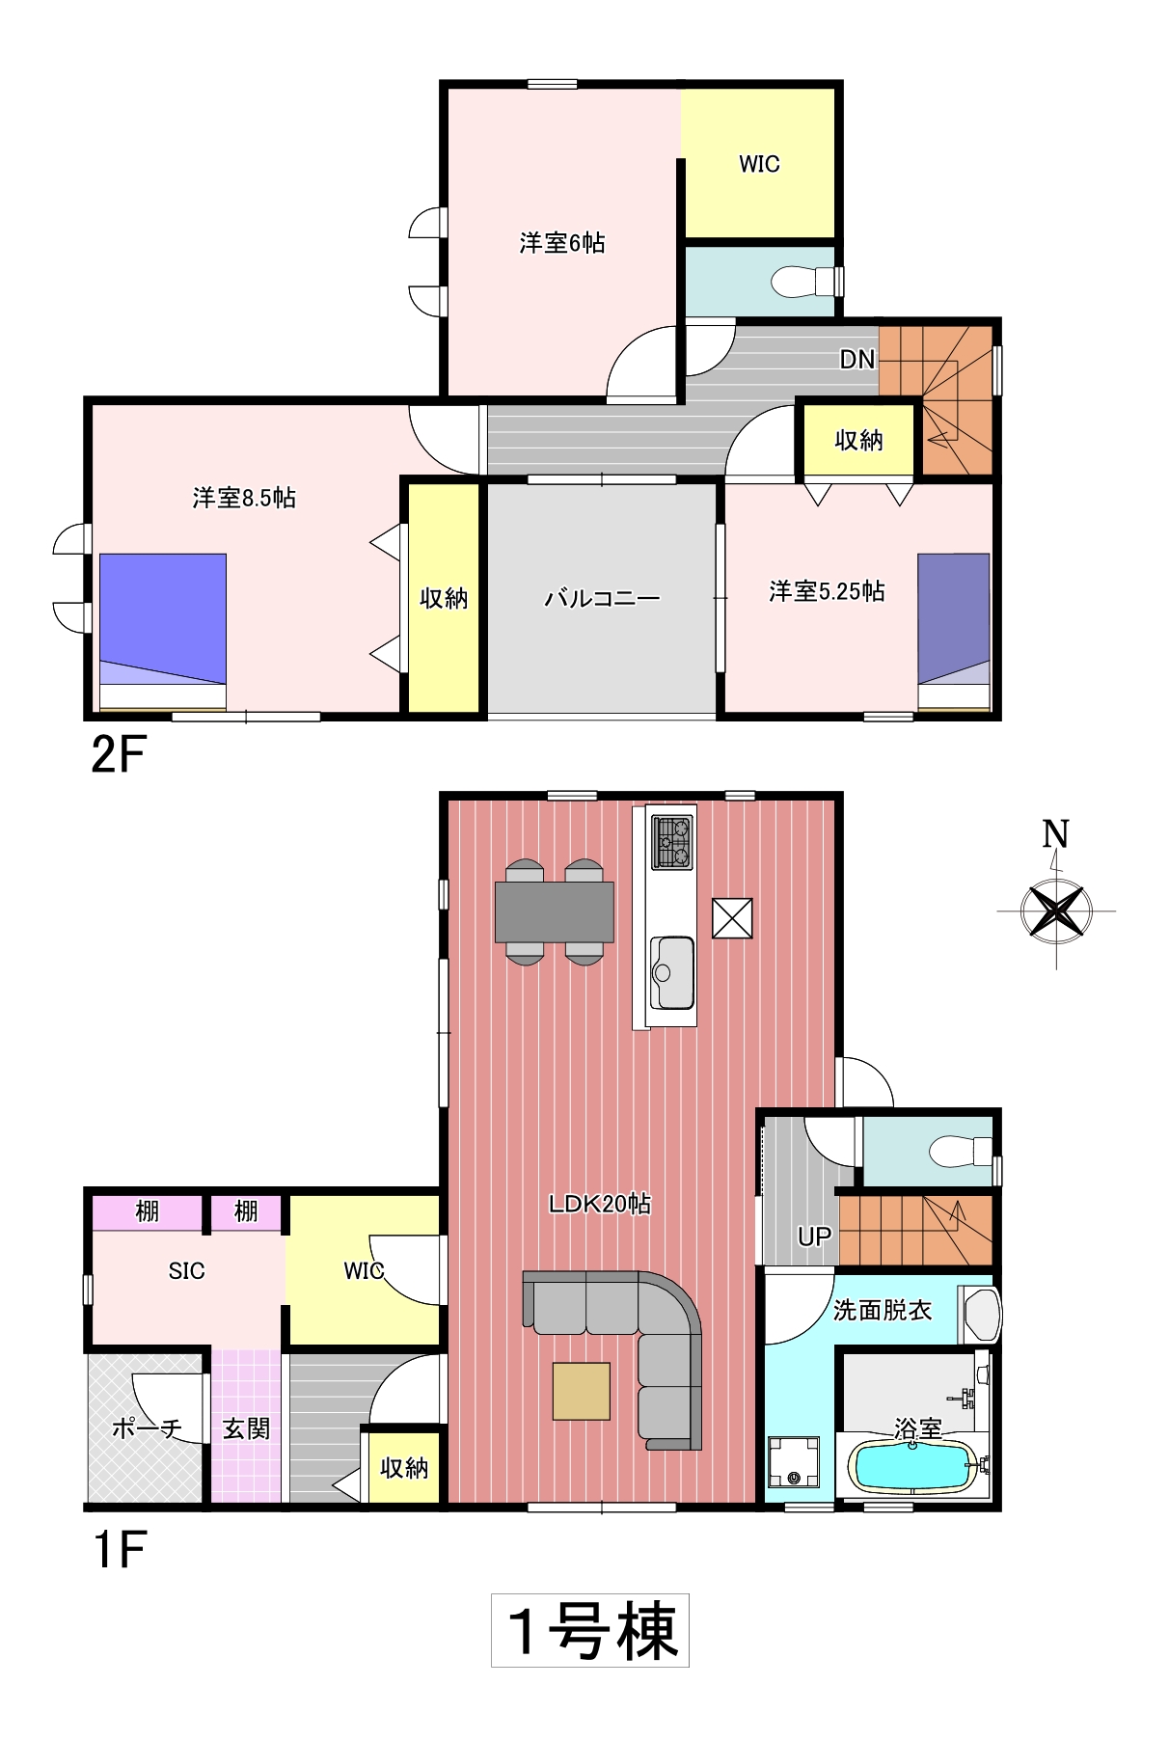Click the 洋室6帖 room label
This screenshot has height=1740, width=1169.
click(562, 243)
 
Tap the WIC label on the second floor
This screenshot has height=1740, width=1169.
click(759, 164)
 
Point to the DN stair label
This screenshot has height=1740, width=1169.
click(857, 360)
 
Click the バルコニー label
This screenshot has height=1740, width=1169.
click(602, 599)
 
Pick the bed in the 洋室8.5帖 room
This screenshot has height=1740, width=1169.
click(163, 632)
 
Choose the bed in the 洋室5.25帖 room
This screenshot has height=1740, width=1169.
click(954, 632)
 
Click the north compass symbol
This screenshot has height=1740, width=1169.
click(1056, 897)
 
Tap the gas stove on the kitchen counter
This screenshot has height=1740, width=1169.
click(672, 842)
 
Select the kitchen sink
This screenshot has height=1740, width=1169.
click(672, 972)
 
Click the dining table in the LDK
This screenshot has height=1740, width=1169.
click(555, 911)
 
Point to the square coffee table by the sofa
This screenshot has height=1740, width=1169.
click(582, 1391)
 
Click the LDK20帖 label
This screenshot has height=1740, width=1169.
click(600, 1204)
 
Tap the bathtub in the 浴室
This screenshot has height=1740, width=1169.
click(911, 1467)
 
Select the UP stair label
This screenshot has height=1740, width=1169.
click(815, 1237)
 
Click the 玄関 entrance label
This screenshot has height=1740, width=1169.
click(246, 1428)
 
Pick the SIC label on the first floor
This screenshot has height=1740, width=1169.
click(186, 1271)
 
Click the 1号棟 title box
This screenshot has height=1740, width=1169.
click(590, 1630)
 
